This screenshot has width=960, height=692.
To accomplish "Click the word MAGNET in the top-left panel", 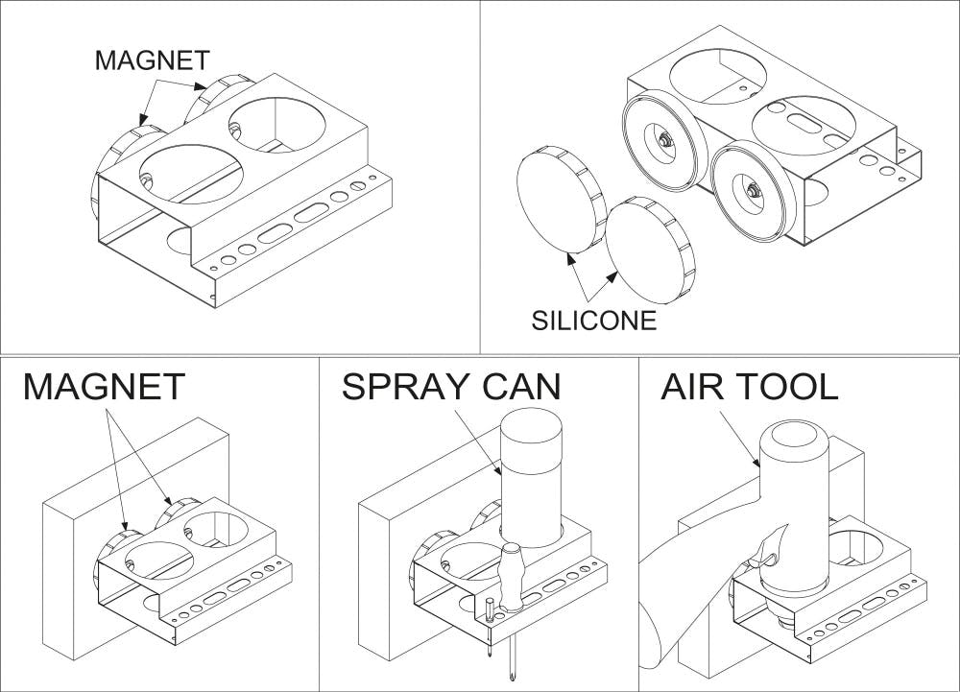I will [152, 60].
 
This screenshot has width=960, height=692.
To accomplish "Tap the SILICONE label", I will [594, 320].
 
